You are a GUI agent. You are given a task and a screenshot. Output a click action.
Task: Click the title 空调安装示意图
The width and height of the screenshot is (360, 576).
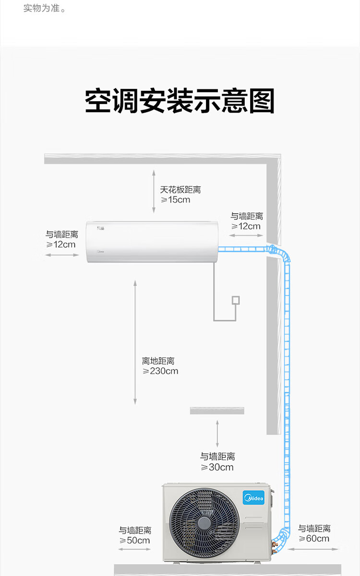click(x=180, y=100)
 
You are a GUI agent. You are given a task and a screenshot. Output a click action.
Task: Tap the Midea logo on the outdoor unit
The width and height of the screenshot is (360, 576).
click(x=253, y=497)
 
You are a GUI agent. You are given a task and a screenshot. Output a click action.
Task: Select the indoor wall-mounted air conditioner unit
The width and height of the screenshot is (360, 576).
click(x=152, y=241)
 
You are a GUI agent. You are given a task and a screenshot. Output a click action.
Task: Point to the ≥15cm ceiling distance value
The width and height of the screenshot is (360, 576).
click(x=175, y=200)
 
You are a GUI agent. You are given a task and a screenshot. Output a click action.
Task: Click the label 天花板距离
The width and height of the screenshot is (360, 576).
click(x=180, y=190)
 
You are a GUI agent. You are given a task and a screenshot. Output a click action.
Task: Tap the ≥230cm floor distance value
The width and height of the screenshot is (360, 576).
click(x=160, y=371)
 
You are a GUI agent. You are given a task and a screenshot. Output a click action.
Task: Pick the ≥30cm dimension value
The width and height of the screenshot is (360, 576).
click(x=217, y=467)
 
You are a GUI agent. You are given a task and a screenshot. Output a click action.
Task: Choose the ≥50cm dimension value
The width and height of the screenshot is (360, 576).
click(x=135, y=540)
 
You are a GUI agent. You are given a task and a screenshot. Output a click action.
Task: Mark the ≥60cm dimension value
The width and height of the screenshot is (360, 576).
click(x=314, y=538)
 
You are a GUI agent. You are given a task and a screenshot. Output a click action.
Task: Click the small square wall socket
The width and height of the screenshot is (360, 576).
click(x=236, y=300)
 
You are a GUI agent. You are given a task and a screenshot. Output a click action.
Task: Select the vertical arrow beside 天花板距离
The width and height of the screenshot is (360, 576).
click(x=154, y=192)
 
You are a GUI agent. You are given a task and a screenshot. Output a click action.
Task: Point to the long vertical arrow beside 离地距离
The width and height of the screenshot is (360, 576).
click(x=135, y=343)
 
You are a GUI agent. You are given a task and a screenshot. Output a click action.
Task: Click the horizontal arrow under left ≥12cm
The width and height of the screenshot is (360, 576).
click(x=62, y=255)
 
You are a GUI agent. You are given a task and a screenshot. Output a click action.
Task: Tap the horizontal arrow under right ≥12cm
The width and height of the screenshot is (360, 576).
click(x=246, y=235)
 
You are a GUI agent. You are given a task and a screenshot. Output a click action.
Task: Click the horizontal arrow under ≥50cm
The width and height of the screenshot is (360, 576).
click(x=134, y=549)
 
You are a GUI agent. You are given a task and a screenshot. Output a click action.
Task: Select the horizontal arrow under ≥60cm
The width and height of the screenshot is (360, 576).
click(x=312, y=549)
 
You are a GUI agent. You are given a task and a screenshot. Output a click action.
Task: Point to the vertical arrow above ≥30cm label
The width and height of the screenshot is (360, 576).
click(x=217, y=434)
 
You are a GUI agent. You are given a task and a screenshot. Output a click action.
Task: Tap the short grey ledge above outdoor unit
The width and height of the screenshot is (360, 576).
click(x=217, y=411)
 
